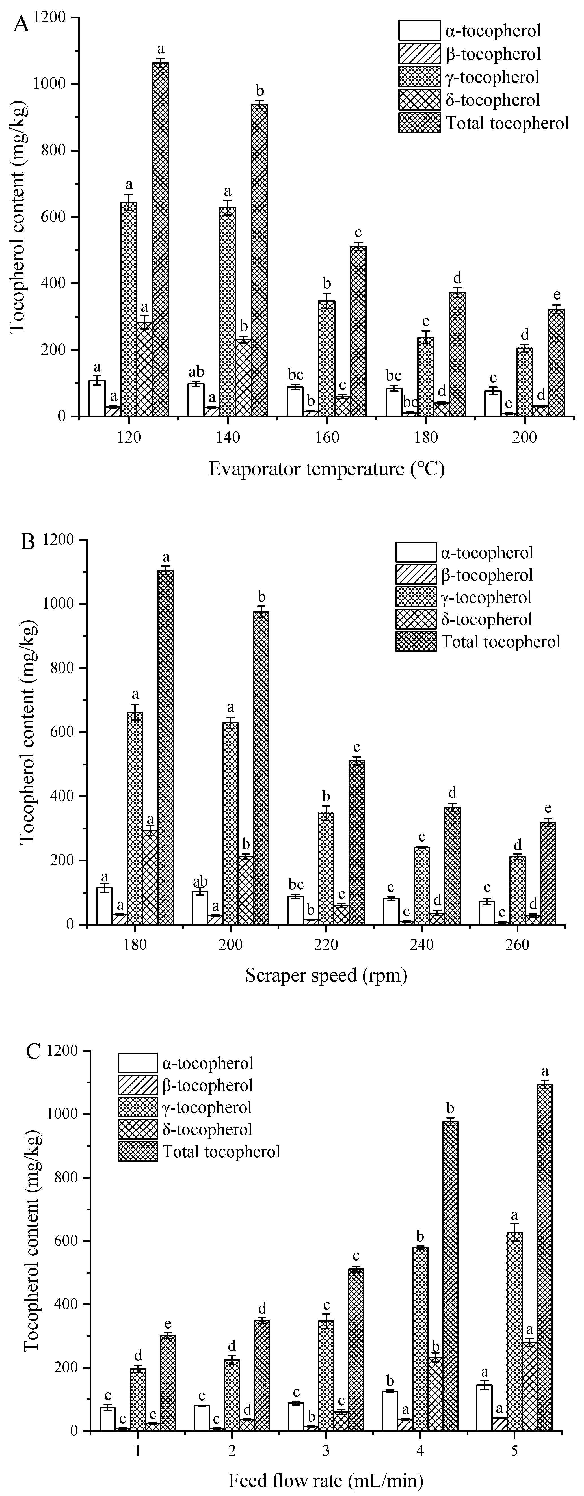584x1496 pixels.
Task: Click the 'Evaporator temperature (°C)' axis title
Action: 327,469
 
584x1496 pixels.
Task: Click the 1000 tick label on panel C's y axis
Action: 67,1114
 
